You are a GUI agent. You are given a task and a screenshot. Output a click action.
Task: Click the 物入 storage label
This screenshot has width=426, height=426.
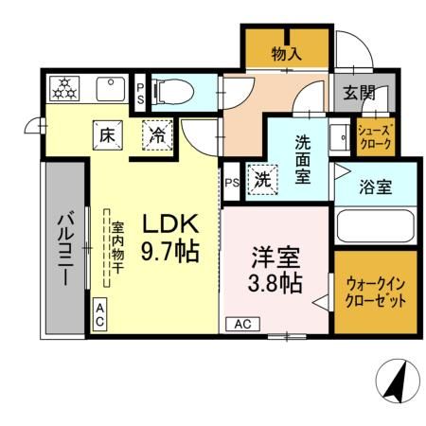click(x=286, y=55)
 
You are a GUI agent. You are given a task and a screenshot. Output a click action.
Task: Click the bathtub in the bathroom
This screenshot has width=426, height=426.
click(x=375, y=228)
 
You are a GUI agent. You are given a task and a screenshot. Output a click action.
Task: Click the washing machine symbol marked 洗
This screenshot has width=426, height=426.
click(x=259, y=179)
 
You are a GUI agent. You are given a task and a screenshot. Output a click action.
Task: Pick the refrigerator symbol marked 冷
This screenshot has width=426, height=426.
click(x=158, y=134)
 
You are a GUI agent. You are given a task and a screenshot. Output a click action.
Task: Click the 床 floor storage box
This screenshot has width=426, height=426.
click(x=106, y=134)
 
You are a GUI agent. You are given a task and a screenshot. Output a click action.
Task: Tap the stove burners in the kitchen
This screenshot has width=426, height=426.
click(x=65, y=90)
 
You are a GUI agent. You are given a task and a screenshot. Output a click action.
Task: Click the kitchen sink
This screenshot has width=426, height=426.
click(x=111, y=90)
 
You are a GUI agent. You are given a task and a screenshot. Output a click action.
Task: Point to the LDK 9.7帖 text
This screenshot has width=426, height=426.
click(x=169, y=237)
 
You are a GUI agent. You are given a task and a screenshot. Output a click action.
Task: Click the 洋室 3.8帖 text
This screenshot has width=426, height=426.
click(x=275, y=269)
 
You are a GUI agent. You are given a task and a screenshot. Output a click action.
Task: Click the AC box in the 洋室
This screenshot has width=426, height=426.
click(x=242, y=324)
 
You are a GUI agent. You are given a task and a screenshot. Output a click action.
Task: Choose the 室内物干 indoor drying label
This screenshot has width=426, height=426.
click(x=118, y=247)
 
